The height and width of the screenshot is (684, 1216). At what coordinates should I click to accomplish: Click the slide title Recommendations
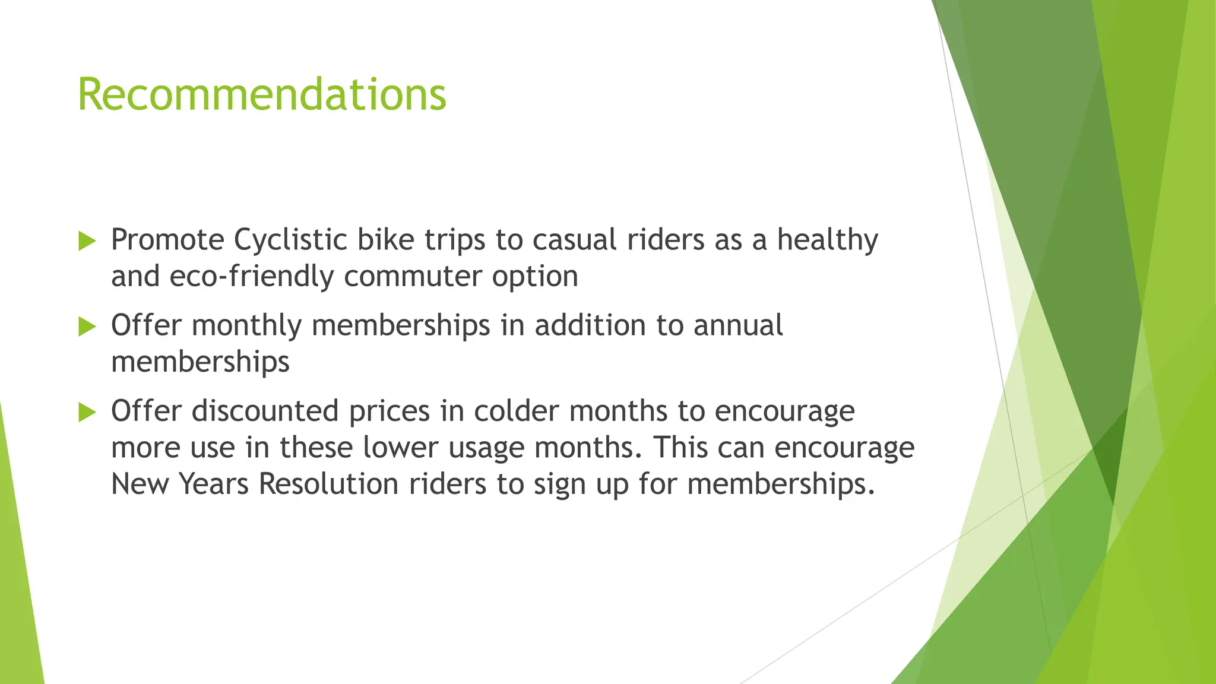(x=261, y=95)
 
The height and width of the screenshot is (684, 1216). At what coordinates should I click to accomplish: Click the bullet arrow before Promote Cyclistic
(x=87, y=241)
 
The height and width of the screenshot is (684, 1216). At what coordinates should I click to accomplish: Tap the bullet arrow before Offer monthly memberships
(x=87, y=327)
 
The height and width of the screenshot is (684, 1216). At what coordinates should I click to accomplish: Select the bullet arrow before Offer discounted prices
(x=87, y=412)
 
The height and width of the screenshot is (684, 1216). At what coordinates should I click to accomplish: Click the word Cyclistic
(x=290, y=240)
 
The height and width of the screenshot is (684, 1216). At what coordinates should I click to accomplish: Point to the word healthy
(x=827, y=240)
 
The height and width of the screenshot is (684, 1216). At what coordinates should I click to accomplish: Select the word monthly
(x=246, y=326)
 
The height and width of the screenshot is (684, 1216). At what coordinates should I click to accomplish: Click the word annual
(x=738, y=326)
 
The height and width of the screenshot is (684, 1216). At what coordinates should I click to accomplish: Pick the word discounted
(x=265, y=411)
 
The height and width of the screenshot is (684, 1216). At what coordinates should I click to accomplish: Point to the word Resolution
(x=328, y=484)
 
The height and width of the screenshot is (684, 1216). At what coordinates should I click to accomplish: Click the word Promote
(x=167, y=240)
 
